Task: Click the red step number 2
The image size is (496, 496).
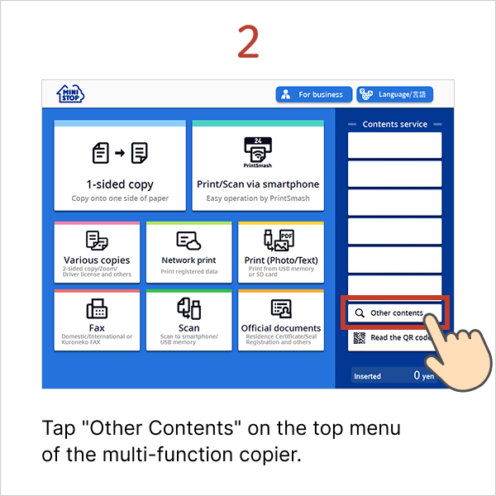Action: click(248, 41)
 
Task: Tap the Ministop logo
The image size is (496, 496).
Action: click(70, 94)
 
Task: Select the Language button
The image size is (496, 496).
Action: click(395, 94)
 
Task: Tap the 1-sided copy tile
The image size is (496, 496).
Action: click(120, 165)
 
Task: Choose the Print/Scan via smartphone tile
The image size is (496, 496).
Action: click(258, 165)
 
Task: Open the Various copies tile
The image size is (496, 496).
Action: click(97, 252)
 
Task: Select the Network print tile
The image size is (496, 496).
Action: click(188, 252)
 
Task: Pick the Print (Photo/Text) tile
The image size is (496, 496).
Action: click(281, 252)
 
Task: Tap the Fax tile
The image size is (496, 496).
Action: click(97, 320)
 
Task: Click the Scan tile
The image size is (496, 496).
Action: click(188, 320)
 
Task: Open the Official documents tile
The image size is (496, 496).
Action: click(281, 320)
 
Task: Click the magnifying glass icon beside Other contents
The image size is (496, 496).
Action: click(360, 313)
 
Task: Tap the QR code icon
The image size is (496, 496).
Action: click(360, 338)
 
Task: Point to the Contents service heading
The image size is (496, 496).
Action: click(395, 124)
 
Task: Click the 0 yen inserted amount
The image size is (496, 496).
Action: click(424, 375)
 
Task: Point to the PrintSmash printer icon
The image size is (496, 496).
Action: click(258, 150)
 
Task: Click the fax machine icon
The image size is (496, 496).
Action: click(97, 308)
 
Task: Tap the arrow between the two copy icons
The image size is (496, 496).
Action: click(120, 153)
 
